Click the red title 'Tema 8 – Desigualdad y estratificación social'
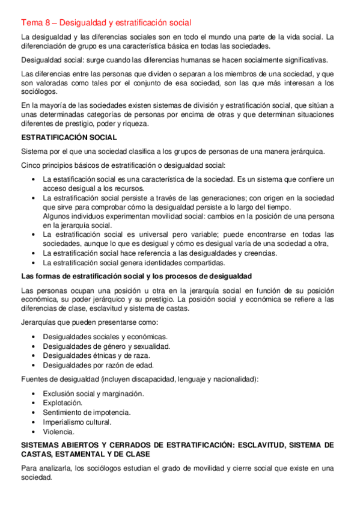point(106,23)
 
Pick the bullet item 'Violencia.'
point(59,431)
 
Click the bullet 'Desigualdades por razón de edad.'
point(99,365)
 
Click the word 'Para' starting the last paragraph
point(29,469)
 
